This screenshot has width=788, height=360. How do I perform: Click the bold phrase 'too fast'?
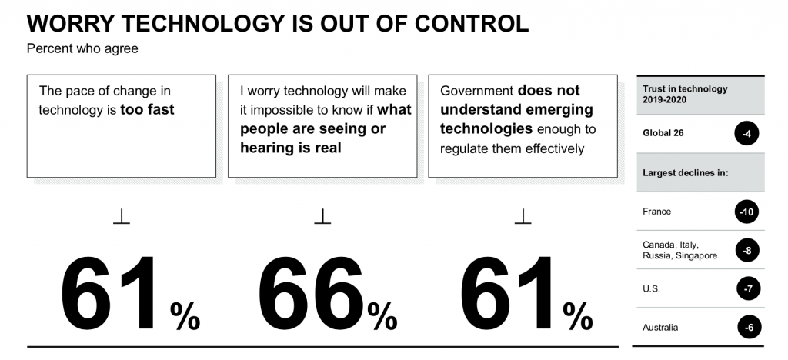[148, 109]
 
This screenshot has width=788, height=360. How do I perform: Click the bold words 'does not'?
[549, 91]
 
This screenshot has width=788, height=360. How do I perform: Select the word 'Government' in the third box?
[477, 91]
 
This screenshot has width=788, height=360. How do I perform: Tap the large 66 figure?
[311, 296]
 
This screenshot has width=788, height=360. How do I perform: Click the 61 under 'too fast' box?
[112, 296]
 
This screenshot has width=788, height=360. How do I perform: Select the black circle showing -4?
[746, 133]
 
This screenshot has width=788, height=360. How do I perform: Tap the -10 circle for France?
[746, 212]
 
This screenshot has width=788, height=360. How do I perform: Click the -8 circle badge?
[746, 250]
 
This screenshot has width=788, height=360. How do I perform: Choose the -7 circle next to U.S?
[746, 289]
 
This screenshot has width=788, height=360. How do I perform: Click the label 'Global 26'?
[663, 133]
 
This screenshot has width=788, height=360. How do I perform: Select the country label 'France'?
[656, 212]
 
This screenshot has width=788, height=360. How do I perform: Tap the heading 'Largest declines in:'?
[685, 172]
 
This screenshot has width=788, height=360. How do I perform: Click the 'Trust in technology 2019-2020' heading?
[684, 95]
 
